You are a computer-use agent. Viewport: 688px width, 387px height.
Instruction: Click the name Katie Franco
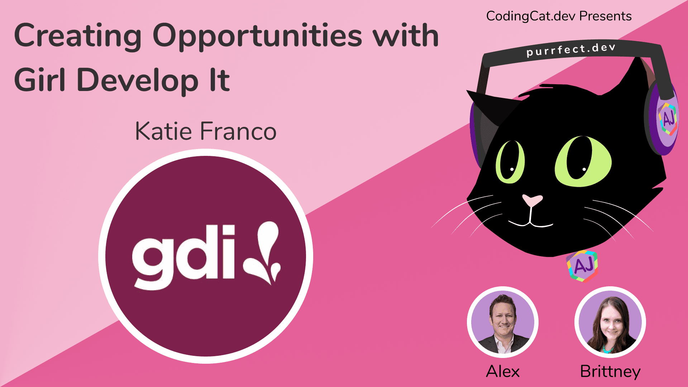point(206,131)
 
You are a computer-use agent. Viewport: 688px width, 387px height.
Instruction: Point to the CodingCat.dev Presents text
point(559,16)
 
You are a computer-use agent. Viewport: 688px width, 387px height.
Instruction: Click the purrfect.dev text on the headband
point(571,50)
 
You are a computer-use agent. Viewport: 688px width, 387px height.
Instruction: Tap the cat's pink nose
point(532,200)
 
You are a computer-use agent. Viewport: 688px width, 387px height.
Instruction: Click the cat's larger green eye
point(583,161)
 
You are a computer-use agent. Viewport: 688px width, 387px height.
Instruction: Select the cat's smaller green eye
point(510,162)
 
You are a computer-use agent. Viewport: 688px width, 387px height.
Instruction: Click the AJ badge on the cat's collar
point(583,266)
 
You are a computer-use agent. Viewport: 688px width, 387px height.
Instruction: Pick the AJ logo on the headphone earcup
point(667,119)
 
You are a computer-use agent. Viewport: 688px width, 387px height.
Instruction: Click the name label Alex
point(502,371)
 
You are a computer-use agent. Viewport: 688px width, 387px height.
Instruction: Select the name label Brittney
point(610,371)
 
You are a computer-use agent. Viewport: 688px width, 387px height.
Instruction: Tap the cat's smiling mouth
point(530,222)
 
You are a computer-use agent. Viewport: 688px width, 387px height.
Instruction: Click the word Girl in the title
point(39,80)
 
